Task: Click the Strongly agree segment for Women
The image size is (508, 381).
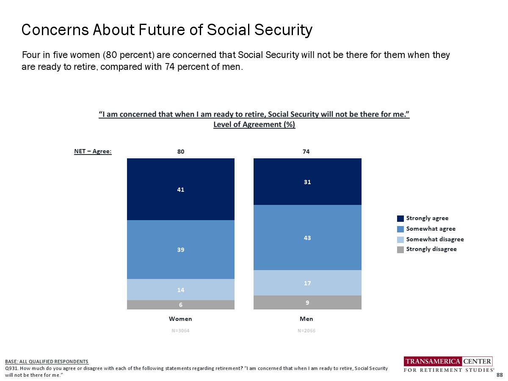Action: coord(181,189)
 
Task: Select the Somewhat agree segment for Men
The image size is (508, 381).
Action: coord(307,237)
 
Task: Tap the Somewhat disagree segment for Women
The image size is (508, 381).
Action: coord(181,290)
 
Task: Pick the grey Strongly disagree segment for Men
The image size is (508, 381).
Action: coord(307,302)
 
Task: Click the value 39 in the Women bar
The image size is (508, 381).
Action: coord(181,250)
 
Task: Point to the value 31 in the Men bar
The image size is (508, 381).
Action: coord(307,182)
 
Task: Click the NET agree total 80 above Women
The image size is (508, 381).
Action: coord(181,152)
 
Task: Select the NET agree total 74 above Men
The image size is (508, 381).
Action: coord(306,152)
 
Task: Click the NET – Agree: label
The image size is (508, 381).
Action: coord(93,152)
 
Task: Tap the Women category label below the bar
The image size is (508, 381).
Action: coord(181,319)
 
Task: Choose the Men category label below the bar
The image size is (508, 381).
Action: coord(306,319)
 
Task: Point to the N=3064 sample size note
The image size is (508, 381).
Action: coord(181,331)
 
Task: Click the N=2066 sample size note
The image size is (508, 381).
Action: coord(306,331)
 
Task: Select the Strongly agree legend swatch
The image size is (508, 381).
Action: coord(400,218)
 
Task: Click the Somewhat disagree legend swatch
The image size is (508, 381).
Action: coord(400,239)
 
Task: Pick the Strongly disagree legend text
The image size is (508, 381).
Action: coord(431,249)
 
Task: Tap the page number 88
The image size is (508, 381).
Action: coord(500,375)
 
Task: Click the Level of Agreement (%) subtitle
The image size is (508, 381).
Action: coord(254,124)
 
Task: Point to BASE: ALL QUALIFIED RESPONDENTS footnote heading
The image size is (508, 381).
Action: coord(47,362)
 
